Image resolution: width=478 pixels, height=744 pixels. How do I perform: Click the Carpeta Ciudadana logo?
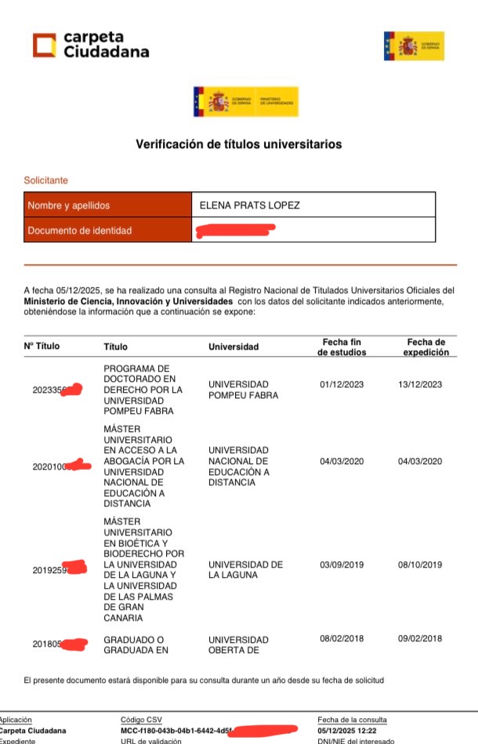90,45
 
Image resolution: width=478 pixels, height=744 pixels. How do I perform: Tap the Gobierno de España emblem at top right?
414,46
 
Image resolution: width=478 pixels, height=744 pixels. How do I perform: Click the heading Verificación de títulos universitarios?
239,144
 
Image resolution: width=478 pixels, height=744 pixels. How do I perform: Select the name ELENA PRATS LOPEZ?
250,205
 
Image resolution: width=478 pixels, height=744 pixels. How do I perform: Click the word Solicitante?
46,180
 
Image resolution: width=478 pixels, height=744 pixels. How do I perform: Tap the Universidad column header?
233,347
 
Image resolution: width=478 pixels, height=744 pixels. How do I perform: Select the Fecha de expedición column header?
425,347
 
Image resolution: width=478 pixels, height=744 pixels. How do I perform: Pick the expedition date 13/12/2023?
420,384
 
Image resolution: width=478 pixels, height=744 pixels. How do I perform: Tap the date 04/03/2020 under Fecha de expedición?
420,461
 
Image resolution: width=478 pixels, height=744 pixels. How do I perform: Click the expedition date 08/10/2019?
420,564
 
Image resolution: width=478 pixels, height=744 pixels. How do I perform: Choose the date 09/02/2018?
420,639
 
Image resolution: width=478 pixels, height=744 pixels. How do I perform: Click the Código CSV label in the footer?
141,720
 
